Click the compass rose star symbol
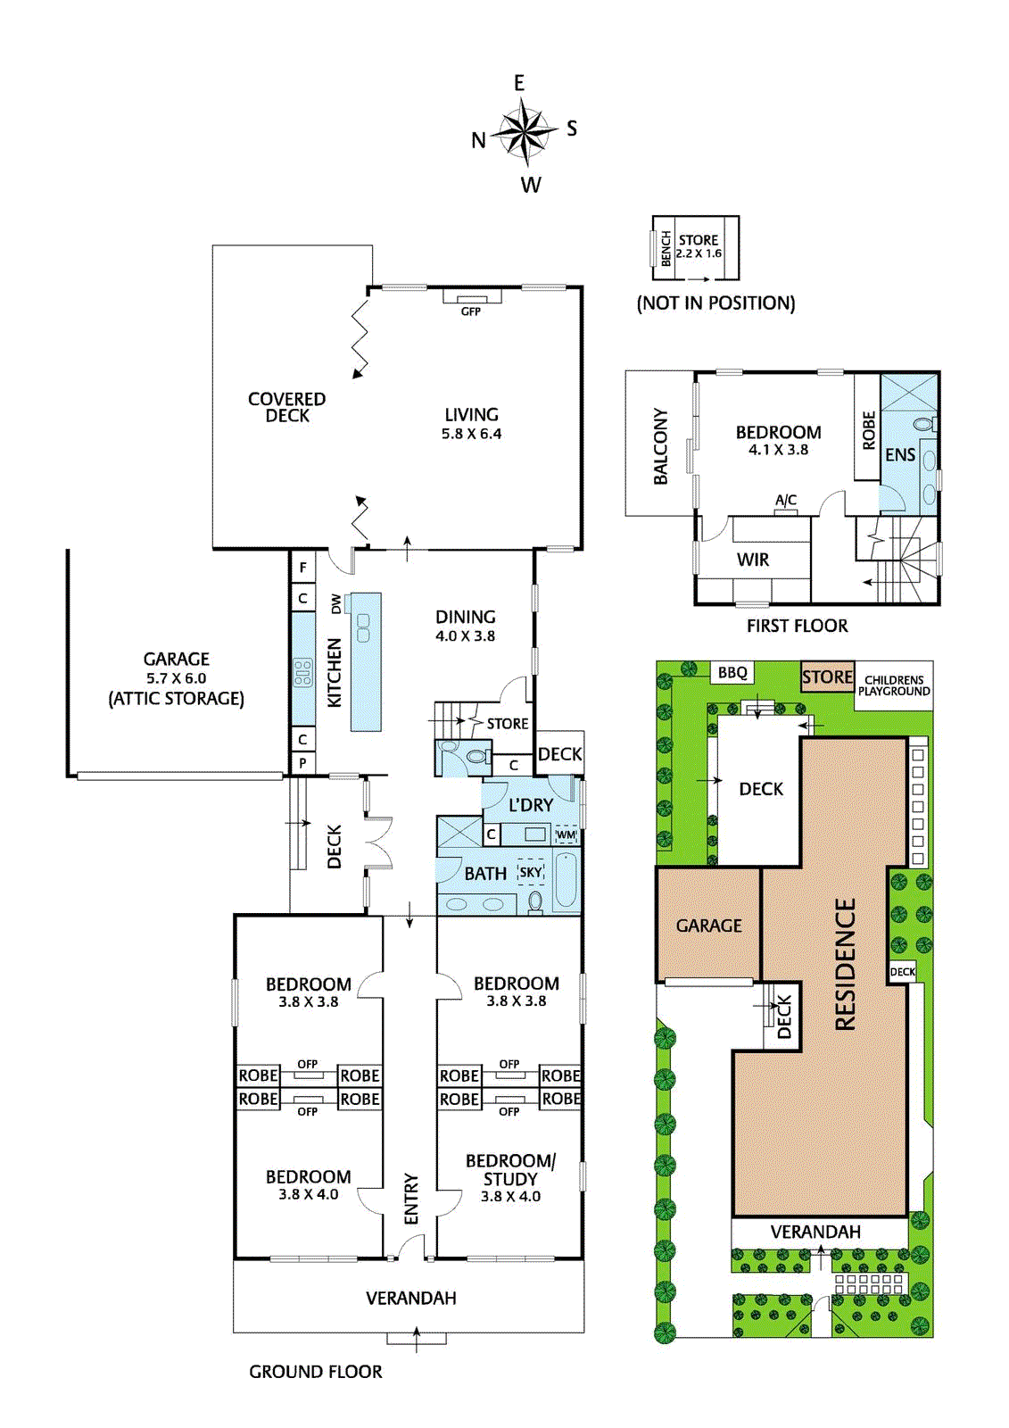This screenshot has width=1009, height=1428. pos(524,133)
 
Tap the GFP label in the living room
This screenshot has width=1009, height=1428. pos(470,311)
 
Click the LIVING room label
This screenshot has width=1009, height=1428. pos(471,414)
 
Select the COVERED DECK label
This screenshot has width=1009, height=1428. pos(287,407)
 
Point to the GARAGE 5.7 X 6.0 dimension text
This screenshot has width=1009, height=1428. pos(177,678)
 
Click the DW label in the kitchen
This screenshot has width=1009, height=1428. pos(335,603)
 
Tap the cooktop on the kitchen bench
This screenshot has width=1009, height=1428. pos(303,673)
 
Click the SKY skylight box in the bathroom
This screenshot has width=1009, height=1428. pos(531,872)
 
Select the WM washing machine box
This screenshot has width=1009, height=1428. pos(566,834)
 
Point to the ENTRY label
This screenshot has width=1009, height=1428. pos(411,1199)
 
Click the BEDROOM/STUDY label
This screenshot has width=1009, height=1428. pos(510,1169)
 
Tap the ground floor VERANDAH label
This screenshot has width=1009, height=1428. pos(410,1298)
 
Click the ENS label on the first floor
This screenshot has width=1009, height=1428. pos(900,455)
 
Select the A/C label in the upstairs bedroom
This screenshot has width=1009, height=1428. pos(786,501)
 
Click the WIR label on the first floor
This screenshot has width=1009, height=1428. pos(753,560)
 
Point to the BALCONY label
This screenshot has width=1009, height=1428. pos(660,446)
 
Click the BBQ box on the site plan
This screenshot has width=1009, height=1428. pos(732,673)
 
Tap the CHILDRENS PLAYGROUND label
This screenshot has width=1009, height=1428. pos(894,685)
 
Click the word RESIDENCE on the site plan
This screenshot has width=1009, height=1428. pos(845,964)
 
